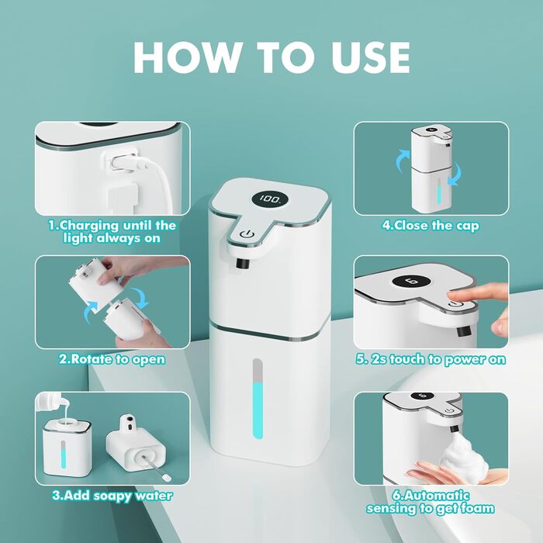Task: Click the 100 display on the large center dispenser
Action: coord(270,199)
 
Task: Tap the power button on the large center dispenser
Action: coord(247,234)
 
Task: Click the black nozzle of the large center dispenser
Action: coord(242,263)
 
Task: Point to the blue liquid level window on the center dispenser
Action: coord(258,399)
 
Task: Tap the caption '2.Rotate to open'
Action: coord(112,359)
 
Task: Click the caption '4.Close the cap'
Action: coord(431,226)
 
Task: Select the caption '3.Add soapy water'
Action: coord(112,496)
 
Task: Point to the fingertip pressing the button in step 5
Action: coord(454,296)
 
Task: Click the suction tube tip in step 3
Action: coord(167,478)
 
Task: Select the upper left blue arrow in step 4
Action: coord(403,161)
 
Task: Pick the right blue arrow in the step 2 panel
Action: coord(140,299)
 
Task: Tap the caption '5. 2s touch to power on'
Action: coord(431,359)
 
